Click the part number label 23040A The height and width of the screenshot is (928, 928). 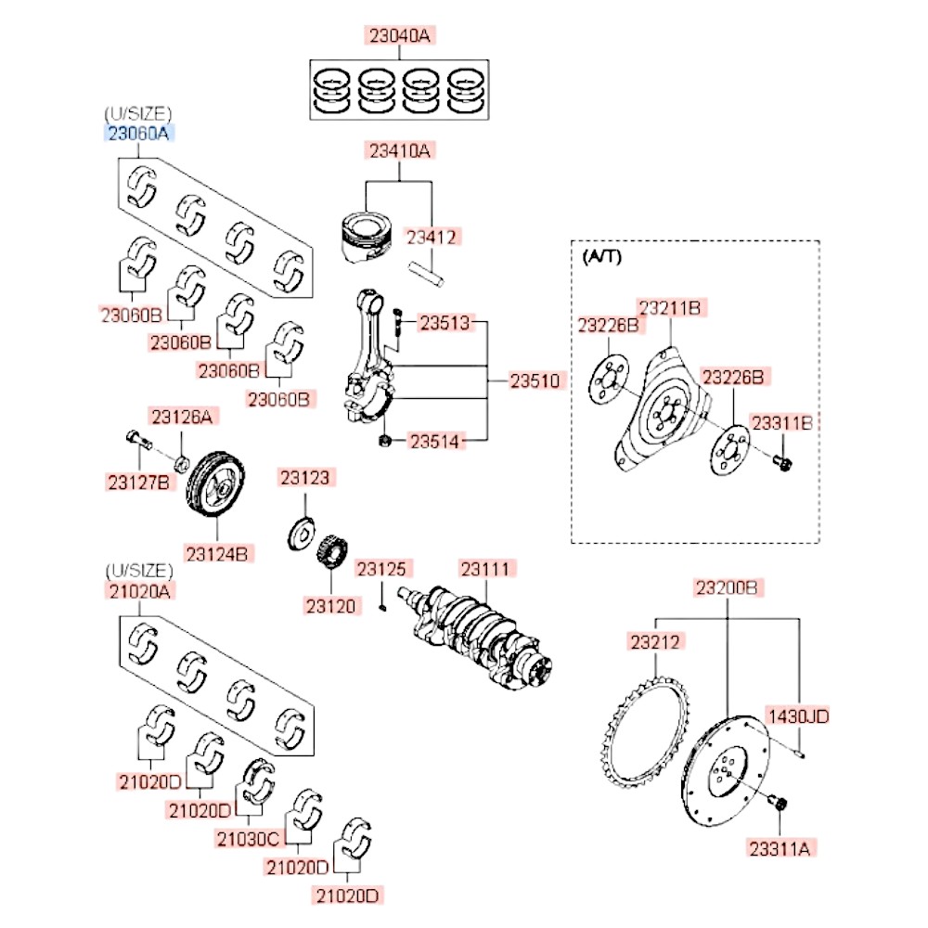(x=399, y=36)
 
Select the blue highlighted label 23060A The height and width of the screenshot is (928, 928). (x=138, y=133)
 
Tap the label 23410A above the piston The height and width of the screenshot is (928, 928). (x=399, y=149)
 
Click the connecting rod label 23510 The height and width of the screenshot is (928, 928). (x=535, y=380)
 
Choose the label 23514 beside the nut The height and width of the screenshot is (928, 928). (x=435, y=442)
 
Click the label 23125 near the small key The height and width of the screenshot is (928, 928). (x=385, y=568)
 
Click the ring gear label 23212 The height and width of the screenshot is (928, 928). (x=657, y=641)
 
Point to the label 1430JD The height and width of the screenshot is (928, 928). (x=796, y=715)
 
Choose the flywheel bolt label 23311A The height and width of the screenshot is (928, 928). (x=781, y=846)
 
